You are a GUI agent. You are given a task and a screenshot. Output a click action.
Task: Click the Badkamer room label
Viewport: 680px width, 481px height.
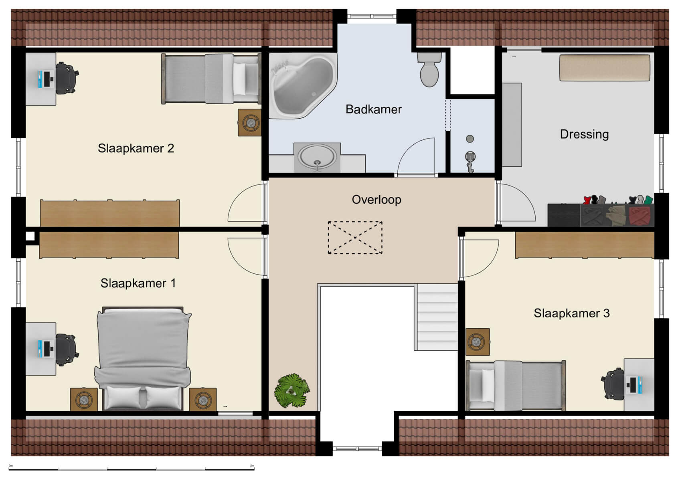373,109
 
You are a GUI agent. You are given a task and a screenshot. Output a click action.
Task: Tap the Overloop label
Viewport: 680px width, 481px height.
376,199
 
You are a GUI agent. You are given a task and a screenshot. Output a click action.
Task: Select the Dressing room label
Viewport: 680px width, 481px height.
584,134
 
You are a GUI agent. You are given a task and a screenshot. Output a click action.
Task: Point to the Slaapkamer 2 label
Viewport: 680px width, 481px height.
136,148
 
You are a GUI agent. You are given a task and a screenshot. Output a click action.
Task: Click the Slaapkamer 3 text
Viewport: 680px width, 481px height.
571,313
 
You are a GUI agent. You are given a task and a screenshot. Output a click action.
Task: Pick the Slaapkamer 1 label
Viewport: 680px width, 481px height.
138,283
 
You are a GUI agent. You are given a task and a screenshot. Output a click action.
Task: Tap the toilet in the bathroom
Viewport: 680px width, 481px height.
429,71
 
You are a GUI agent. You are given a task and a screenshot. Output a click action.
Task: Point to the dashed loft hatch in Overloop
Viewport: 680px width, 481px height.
355,238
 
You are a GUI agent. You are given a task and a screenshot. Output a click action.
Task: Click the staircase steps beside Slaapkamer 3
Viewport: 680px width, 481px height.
437,317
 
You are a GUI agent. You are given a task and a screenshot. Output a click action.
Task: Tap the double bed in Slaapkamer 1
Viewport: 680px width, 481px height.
143,357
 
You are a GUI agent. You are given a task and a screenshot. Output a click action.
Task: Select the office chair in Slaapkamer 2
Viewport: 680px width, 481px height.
66,78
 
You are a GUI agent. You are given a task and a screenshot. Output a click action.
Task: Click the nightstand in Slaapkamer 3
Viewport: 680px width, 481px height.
477,342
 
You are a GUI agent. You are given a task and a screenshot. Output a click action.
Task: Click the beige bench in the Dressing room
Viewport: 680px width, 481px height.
604,68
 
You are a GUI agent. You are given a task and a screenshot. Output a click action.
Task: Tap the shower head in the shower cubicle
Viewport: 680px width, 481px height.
470,156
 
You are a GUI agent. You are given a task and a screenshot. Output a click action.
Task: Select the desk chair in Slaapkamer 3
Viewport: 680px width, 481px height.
612,384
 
